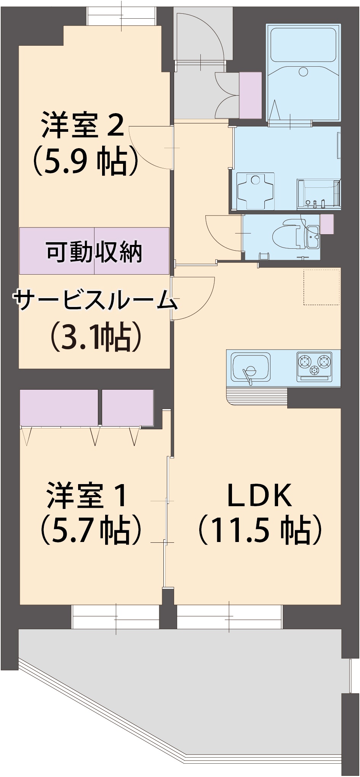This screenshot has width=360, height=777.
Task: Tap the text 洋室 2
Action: (83, 125)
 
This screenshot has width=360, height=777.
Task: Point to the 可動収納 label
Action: (94, 251)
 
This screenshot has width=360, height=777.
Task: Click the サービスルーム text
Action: (95, 300)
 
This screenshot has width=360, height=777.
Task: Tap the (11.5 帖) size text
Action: (260, 530)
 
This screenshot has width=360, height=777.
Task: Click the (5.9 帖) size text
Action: (86, 161)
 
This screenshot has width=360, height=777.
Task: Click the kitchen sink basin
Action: (250, 366)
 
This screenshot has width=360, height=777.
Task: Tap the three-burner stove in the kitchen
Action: (314, 366)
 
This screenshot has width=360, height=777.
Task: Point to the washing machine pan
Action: (255, 191)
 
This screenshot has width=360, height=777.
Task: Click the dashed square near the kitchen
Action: (321, 287)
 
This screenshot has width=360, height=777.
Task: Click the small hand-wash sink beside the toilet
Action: (313, 237)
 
